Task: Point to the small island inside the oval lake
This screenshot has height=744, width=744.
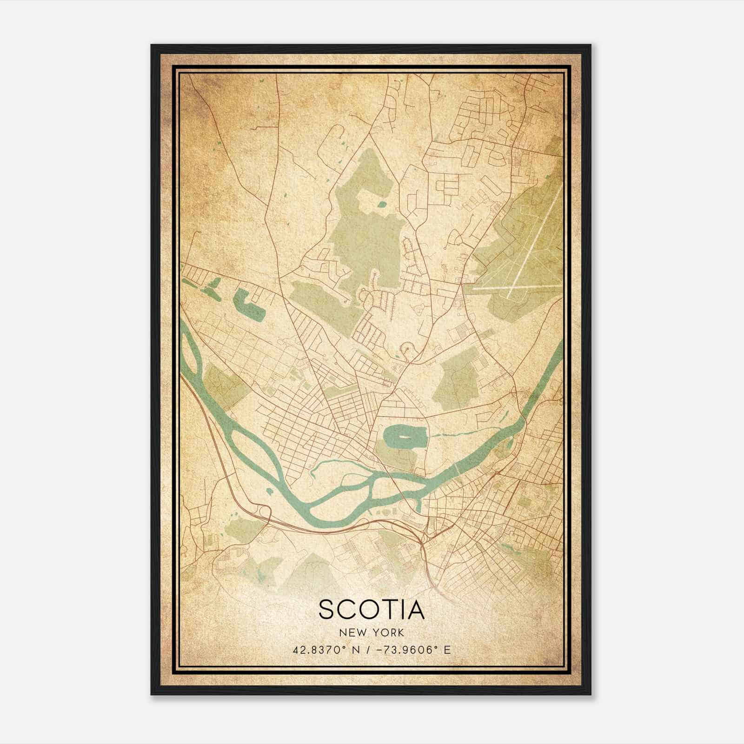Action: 403,438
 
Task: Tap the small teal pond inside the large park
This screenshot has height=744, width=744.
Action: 382,204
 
